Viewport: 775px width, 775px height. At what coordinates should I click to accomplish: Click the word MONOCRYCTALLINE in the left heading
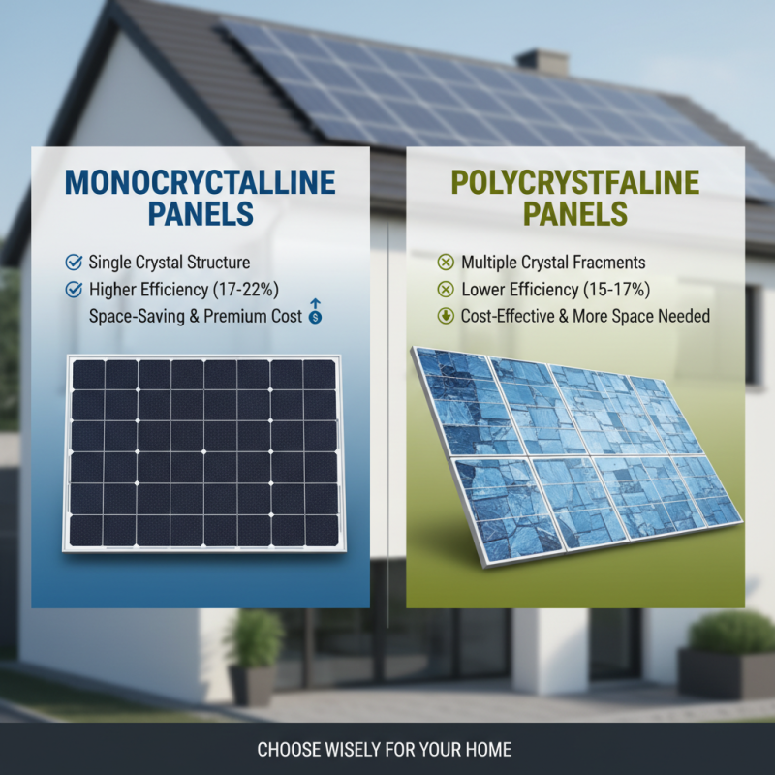tap(201, 182)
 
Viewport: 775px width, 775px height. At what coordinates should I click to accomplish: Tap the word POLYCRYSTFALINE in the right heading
tap(575, 182)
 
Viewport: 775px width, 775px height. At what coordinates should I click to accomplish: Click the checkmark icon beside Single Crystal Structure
tap(72, 263)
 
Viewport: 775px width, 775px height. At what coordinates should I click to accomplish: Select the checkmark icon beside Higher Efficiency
tap(72, 289)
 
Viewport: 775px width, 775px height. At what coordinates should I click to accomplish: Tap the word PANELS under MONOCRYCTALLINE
tap(201, 213)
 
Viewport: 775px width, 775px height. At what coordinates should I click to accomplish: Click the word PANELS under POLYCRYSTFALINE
tap(575, 213)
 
